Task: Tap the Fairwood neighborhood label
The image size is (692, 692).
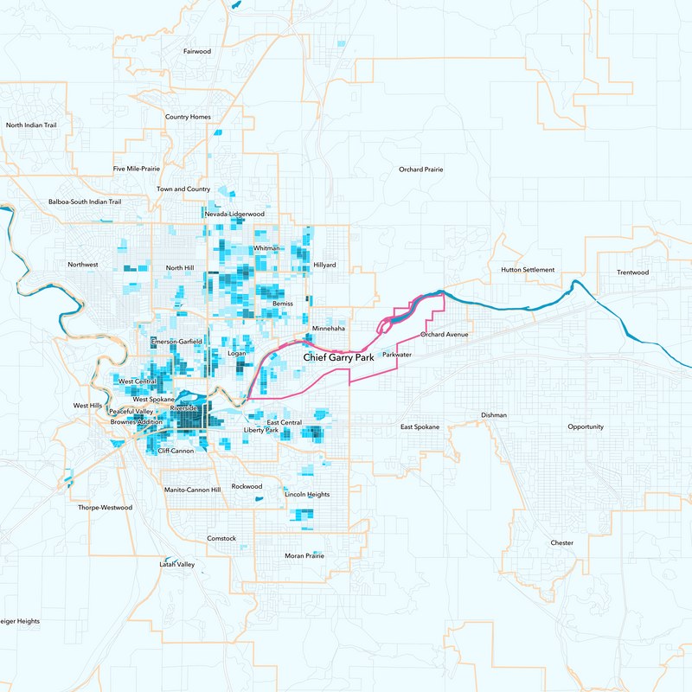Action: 197,52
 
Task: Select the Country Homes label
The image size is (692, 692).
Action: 188,117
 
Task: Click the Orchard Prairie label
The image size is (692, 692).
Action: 420,170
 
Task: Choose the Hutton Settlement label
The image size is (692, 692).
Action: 528,270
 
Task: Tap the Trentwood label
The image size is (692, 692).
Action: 632,272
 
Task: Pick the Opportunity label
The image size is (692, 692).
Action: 586,427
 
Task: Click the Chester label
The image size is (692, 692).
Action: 561,543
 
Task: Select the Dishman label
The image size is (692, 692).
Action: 494,415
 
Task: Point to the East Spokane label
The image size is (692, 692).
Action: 420,427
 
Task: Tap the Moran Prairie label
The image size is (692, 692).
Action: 304,555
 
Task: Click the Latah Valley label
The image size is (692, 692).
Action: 177,564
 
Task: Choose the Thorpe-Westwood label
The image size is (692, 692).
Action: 105,508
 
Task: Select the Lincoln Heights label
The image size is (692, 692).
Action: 307,494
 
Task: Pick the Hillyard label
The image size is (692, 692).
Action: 324,265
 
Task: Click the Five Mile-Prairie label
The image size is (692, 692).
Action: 137,169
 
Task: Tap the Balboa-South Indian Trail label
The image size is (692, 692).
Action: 85,202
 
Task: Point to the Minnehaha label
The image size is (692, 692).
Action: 328,329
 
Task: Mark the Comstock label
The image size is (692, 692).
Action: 221,539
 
